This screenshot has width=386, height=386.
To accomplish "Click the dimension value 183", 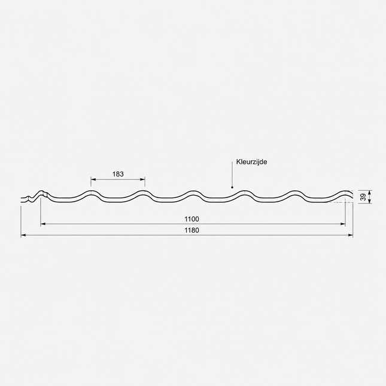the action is click(118, 174).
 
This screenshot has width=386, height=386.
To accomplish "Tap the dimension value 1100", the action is click(192, 219).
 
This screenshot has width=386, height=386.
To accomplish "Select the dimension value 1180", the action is click(192, 230).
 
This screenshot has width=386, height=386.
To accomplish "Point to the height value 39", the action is click(364, 197).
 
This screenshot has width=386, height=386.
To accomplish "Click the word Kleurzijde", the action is click(251, 162).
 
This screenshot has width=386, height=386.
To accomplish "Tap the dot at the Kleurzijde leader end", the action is click(232, 187).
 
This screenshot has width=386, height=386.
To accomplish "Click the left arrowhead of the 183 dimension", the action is click(93, 179).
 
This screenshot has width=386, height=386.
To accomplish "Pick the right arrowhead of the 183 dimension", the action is click(142, 179).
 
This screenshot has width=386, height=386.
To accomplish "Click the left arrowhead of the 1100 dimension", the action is click(43, 224).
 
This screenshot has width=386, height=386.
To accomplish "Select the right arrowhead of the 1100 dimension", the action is click(343, 224).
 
